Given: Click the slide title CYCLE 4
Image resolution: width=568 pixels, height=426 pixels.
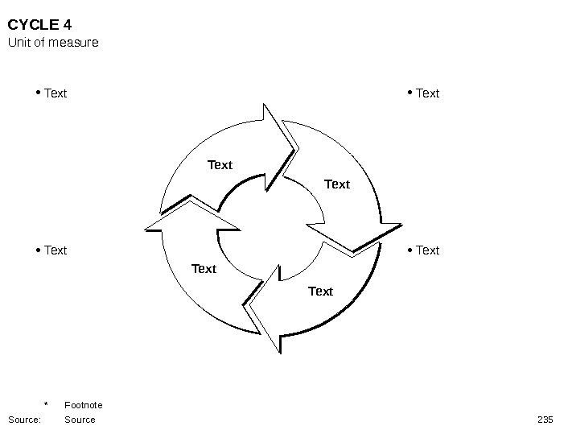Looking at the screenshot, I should [39, 24].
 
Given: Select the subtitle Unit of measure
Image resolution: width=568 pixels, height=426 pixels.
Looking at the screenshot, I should [53, 42].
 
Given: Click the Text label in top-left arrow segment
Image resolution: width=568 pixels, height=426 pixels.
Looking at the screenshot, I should [220, 165].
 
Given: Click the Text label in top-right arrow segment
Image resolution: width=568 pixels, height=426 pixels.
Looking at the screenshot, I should [337, 184].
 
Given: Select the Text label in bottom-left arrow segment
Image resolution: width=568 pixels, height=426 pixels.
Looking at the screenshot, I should [204, 269].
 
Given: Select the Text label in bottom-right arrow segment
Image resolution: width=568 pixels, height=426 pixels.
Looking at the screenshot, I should [320, 292].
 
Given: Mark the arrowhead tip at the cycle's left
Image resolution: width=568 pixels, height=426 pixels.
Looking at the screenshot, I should [146, 229].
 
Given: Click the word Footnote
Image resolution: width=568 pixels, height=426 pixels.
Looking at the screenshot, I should [84, 405].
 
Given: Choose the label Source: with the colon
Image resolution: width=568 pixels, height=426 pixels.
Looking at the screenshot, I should [24, 420].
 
